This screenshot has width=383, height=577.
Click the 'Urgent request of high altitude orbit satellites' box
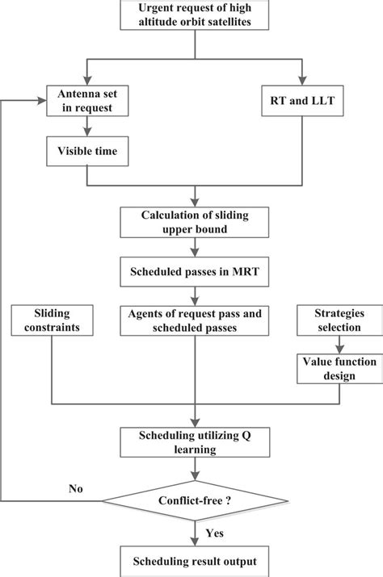pos(194,15)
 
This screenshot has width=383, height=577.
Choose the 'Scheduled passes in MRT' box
pos(195,274)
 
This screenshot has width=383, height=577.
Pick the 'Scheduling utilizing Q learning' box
pos(195,440)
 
